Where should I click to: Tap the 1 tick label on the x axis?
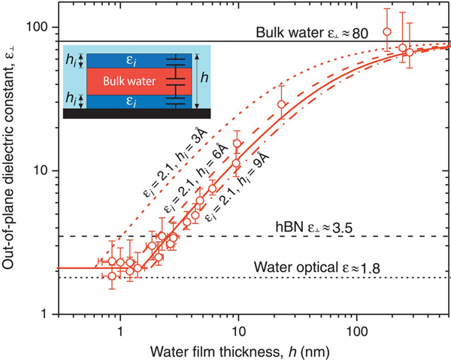[120, 330]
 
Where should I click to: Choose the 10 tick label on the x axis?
[238, 330]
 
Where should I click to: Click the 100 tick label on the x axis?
[357, 330]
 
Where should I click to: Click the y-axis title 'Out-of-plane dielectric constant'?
[13, 170]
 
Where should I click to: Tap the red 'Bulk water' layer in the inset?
[126, 80]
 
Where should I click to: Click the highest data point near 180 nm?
[386, 32]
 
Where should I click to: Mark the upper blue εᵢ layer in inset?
[126, 59]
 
